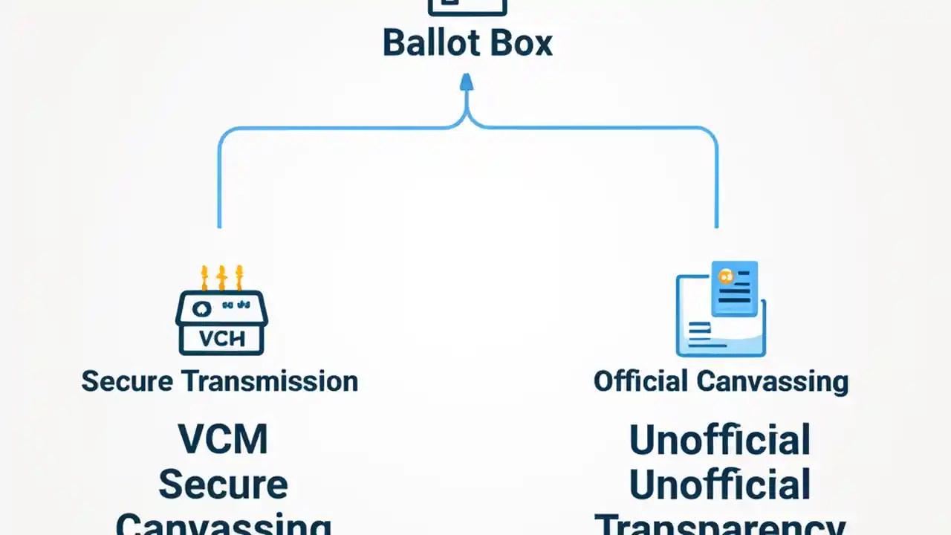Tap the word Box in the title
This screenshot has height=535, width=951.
click(521, 43)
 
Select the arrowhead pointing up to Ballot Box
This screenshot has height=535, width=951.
click(467, 81)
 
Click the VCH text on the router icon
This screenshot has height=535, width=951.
click(222, 339)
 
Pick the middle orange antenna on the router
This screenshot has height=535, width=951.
click(221, 278)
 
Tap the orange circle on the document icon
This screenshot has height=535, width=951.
click(725, 276)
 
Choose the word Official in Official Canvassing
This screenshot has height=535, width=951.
click(640, 382)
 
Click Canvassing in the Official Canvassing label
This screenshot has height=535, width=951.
click(772, 382)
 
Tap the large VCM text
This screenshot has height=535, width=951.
click(223, 439)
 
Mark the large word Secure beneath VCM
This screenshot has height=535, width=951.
click(223, 485)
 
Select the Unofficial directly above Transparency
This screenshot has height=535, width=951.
click(719, 485)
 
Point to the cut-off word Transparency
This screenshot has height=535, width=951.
click(719, 525)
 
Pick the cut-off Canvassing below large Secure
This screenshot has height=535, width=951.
click(223, 525)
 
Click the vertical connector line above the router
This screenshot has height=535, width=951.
click(219, 186)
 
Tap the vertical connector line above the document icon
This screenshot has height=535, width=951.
click(716, 186)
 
